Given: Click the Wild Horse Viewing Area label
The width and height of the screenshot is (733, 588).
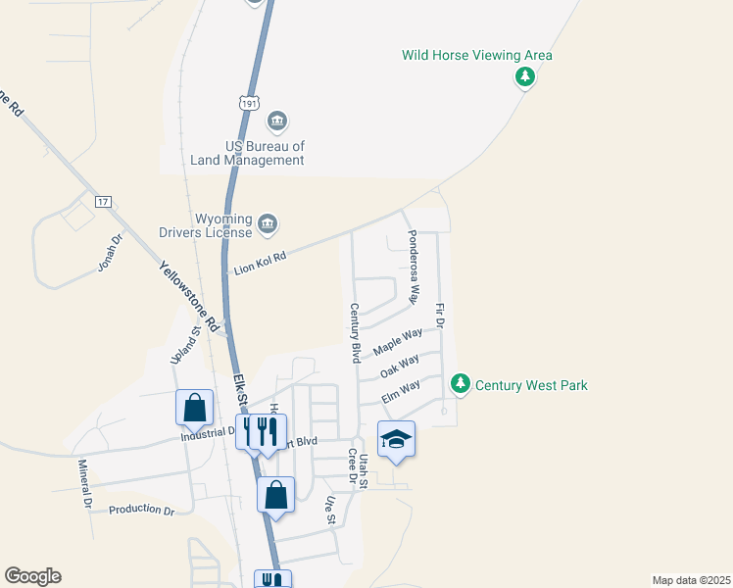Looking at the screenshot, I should pyautogui.click(x=477, y=55).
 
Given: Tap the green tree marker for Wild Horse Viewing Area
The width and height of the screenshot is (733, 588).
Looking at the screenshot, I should pyautogui.click(x=525, y=77).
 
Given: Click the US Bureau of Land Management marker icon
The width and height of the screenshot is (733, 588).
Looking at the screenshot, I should pyautogui.click(x=277, y=121).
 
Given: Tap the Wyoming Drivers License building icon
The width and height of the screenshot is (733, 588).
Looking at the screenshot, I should pyautogui.click(x=268, y=226).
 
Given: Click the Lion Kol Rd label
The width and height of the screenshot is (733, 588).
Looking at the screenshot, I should pyautogui.click(x=260, y=263).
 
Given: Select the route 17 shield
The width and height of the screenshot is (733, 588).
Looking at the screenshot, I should pyautogui.click(x=103, y=201).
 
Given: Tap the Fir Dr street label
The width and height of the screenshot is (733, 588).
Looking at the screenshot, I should pyautogui.click(x=440, y=315).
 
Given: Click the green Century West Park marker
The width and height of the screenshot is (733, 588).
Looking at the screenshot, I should pyautogui.click(x=460, y=384).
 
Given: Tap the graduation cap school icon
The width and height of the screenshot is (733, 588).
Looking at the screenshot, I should pyautogui.click(x=396, y=440).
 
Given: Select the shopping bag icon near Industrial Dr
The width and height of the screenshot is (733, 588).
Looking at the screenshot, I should pyautogui.click(x=194, y=408).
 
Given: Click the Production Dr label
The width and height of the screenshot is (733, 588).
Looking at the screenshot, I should pyautogui.click(x=141, y=511).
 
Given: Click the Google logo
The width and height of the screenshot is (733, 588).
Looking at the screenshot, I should pyautogui.click(x=32, y=576).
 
